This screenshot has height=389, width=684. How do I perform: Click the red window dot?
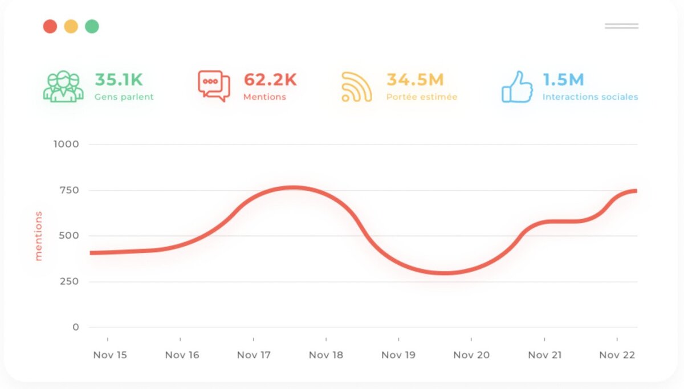click(x=50, y=26)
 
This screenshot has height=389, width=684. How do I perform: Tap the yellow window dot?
click(x=71, y=26)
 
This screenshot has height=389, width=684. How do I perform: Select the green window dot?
click(x=92, y=26)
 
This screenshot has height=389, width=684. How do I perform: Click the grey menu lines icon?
click(x=621, y=26)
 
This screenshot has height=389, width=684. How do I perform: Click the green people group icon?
click(x=63, y=87)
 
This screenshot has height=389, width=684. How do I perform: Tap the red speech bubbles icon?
click(x=214, y=87)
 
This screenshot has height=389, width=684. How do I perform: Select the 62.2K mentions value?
click(x=270, y=80)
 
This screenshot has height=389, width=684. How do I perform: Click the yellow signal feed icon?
click(x=357, y=87)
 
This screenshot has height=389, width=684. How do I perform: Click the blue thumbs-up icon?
click(x=517, y=87)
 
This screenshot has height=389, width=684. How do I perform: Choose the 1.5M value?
click(x=563, y=80)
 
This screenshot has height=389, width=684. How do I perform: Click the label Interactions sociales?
click(x=590, y=97)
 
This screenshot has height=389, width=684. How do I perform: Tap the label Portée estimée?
click(x=422, y=97)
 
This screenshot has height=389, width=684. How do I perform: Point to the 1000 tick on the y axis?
click(x=66, y=144)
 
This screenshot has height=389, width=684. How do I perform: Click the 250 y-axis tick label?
click(x=68, y=281)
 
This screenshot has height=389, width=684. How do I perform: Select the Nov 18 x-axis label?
click(x=326, y=355)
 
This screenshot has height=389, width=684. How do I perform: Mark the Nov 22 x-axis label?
click(x=617, y=355)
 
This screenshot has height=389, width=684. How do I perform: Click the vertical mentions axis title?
click(x=39, y=236)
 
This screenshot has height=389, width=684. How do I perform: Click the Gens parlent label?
click(x=124, y=97)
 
